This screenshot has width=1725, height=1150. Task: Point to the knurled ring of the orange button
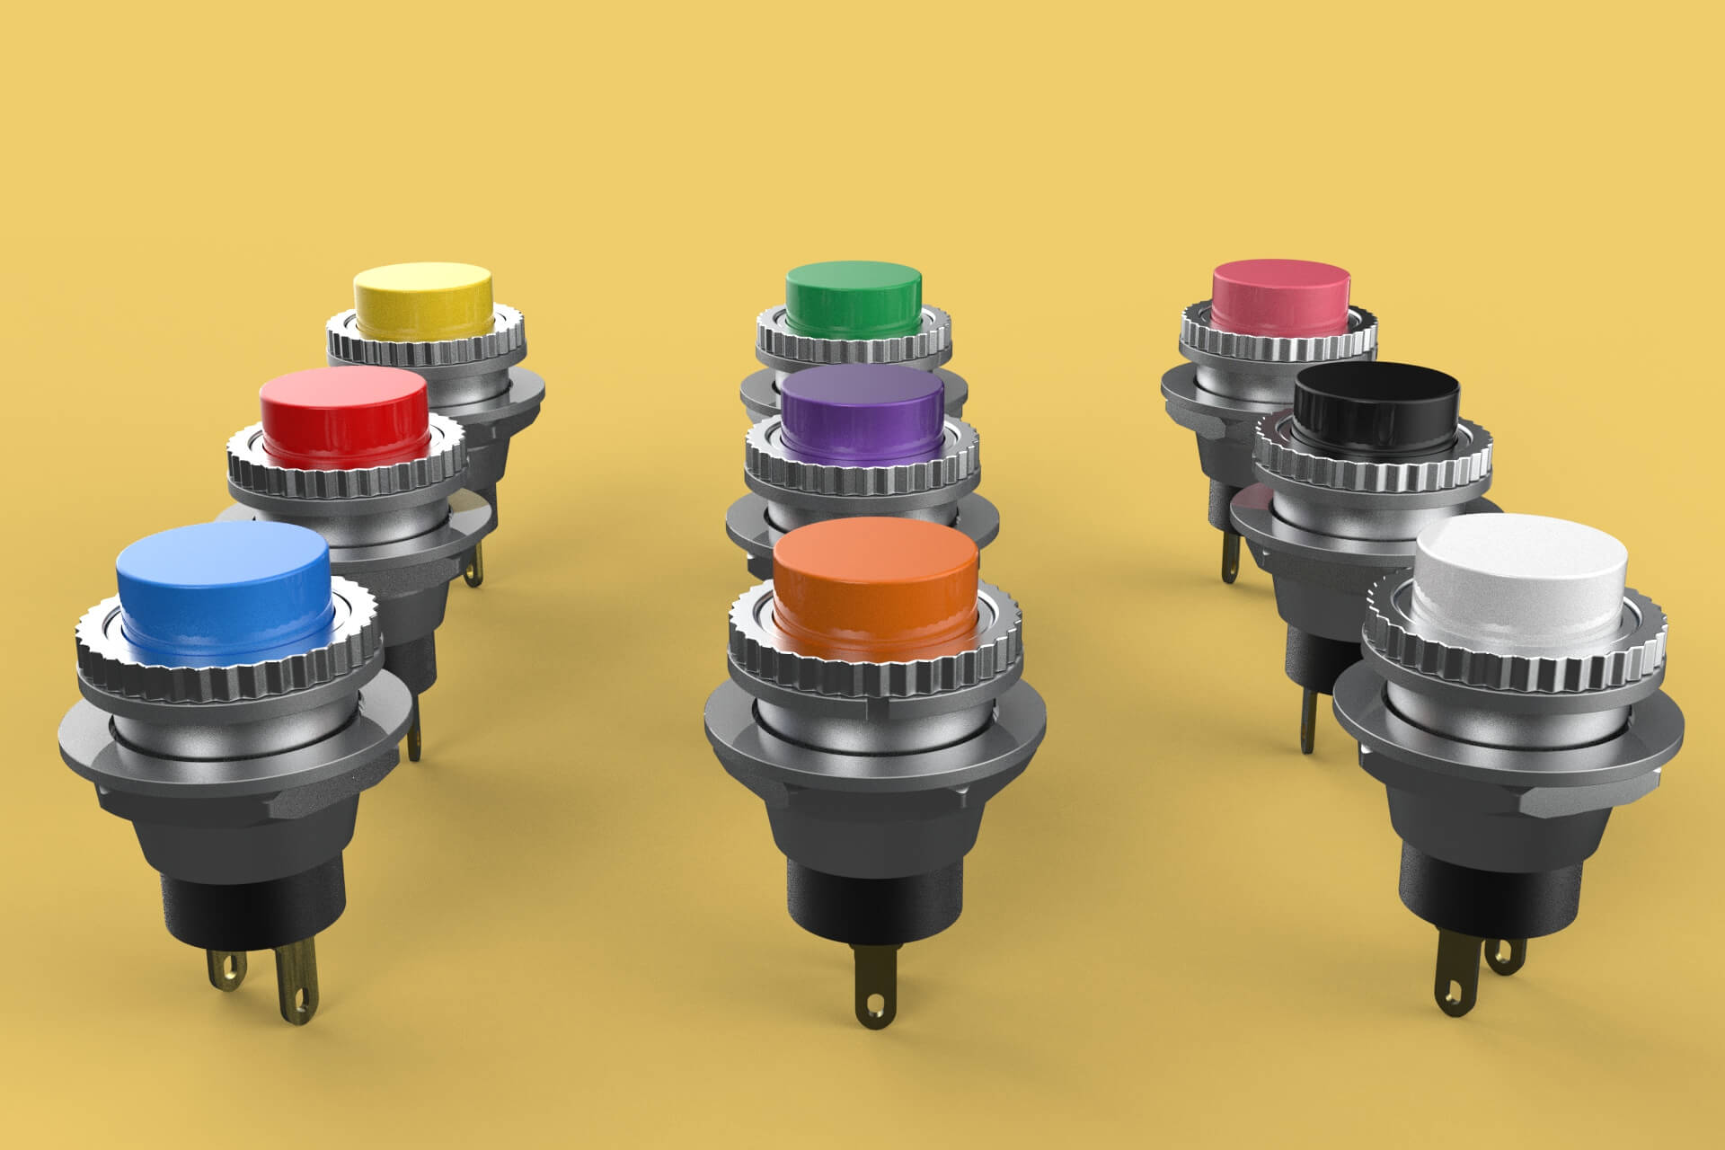[x=876, y=669]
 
